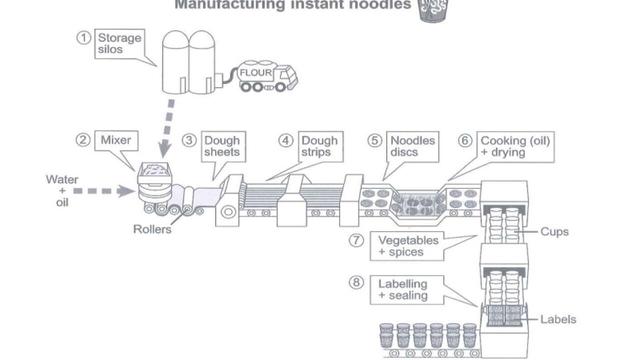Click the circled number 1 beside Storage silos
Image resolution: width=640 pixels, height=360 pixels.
[84, 37]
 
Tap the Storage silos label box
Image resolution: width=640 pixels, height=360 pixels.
[119, 43]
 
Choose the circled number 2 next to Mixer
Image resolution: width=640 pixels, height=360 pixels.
[83, 141]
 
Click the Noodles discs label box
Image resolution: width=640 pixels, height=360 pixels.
[412, 147]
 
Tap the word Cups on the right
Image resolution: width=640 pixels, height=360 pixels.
[554, 232]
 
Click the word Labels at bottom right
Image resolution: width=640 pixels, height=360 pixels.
[558, 320]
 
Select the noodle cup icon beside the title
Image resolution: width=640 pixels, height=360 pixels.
[432, 10]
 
